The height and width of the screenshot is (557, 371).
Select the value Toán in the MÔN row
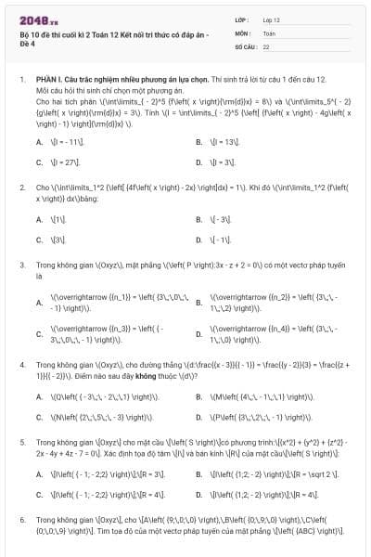click(267, 32)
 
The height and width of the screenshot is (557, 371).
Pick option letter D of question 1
click(199, 162)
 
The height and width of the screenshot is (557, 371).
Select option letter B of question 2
click(199, 219)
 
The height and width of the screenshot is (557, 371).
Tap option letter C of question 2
click(39, 240)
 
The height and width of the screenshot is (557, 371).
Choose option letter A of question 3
click(39, 302)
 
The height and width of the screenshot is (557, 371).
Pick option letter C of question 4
click(39, 417)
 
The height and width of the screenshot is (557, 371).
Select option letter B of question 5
click(199, 473)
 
